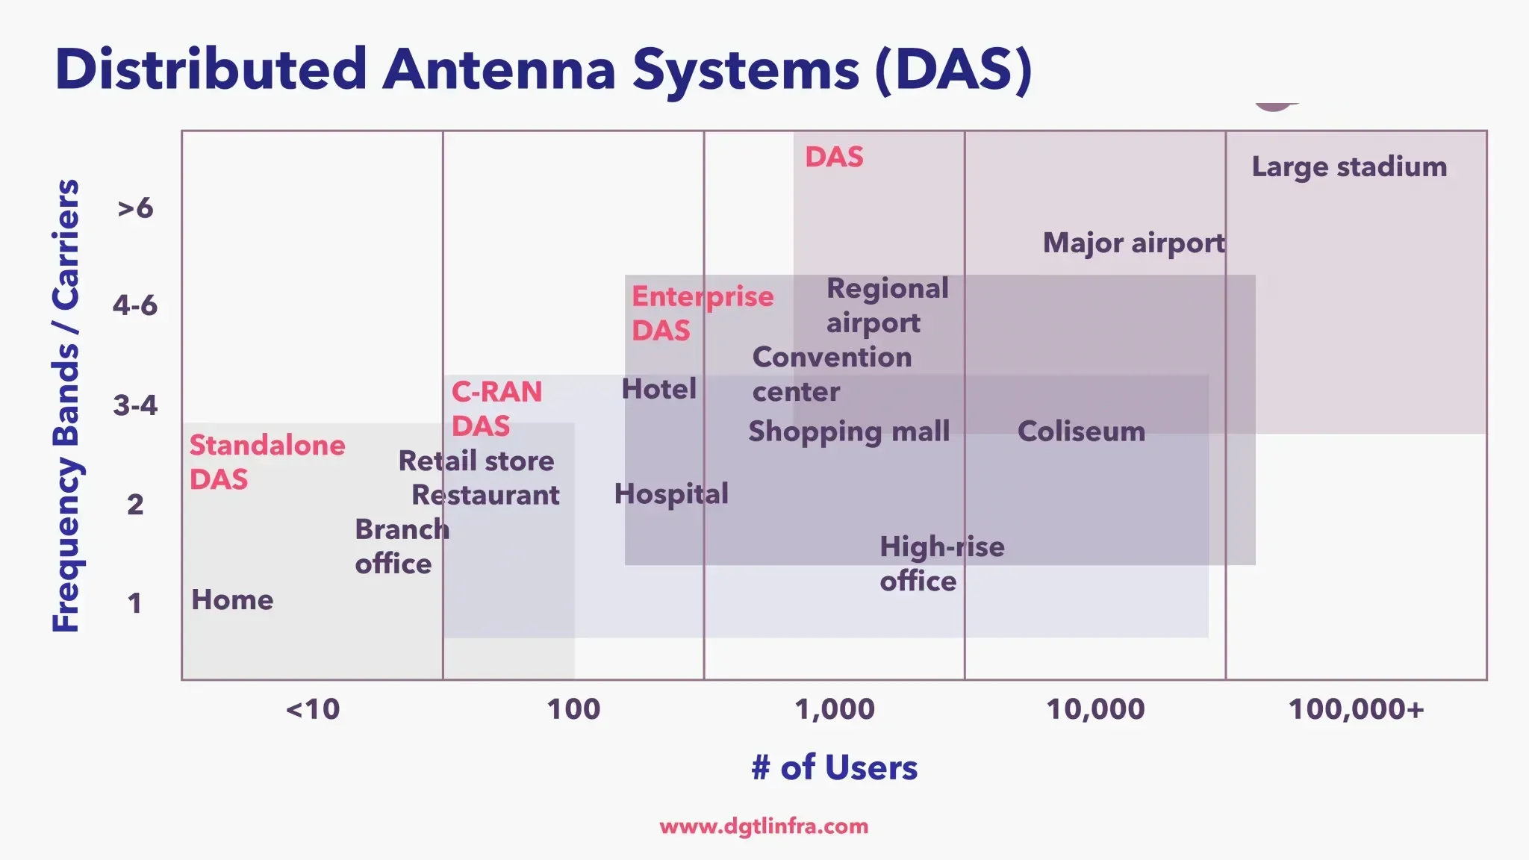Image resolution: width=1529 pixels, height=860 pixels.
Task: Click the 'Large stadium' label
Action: [1348, 166]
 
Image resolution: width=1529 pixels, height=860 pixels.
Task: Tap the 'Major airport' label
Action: [1133, 243]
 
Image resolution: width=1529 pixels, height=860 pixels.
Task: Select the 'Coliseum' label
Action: [1080, 431]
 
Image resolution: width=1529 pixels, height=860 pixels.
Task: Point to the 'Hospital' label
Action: [670, 493]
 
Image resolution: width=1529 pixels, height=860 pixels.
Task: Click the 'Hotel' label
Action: [658, 389]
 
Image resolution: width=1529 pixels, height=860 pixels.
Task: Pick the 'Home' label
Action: [232, 599]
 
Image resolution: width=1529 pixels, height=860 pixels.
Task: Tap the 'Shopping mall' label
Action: [849, 431]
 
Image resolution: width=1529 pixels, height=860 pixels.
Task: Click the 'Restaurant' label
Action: [485, 495]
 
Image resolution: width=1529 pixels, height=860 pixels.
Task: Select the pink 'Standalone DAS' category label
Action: [267, 461]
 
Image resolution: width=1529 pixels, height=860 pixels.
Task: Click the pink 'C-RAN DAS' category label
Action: [496, 408]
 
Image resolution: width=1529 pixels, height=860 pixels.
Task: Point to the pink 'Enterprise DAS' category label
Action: [702, 313]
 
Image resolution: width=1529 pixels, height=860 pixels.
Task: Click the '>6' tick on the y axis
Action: [135, 208]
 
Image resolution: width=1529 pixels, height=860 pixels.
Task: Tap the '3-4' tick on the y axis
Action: [135, 405]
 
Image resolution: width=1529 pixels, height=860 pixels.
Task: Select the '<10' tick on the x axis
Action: [312, 708]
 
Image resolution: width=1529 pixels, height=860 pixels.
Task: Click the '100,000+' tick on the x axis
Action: [1356, 708]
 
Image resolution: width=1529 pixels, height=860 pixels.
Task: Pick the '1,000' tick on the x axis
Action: [834, 708]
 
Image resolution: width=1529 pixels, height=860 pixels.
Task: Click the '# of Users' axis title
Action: [834, 767]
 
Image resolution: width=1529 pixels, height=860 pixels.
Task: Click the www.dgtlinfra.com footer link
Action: [764, 826]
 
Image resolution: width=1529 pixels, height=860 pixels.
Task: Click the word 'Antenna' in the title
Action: [499, 69]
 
